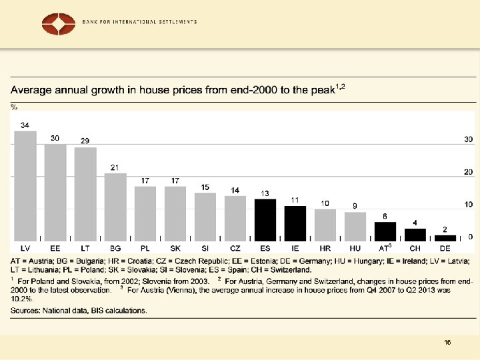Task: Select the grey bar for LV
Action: [x=25, y=185]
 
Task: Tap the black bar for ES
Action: [x=265, y=219]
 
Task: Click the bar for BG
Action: [x=115, y=207]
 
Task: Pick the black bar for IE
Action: [x=295, y=223]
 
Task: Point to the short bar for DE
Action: [x=445, y=237]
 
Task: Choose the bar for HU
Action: [x=355, y=226]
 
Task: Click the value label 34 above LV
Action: [x=25, y=125]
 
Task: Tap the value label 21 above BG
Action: [x=115, y=167]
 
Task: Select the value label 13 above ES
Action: [x=265, y=193]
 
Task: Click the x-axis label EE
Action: [x=55, y=248]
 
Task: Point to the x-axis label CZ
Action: [x=235, y=248]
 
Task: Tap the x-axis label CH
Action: [x=415, y=248]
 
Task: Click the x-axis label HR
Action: [x=325, y=248]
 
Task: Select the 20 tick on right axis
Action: [x=469, y=172]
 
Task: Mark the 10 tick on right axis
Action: [x=469, y=205]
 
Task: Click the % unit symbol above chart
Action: [x=14, y=106]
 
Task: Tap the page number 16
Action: [x=447, y=342]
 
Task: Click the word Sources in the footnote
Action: [x=25, y=310]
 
